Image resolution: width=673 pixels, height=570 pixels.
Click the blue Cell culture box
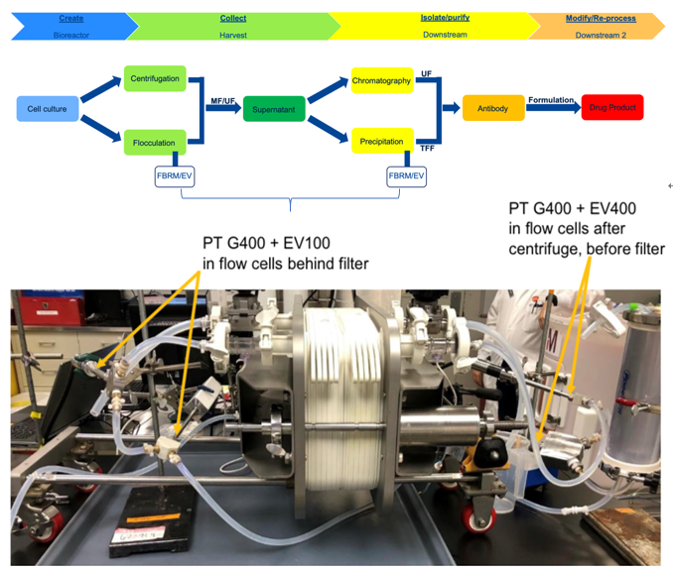point(47,108)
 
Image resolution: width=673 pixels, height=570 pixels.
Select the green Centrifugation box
point(155,78)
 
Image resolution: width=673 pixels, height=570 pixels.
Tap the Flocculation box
point(155,143)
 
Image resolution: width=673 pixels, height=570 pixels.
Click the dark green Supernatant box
point(274,108)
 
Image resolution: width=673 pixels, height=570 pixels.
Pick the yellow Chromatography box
point(381,80)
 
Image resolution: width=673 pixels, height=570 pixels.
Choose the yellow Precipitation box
point(381,141)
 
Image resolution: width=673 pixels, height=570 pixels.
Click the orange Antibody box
point(493,108)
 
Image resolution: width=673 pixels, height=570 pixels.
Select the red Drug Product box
point(612,108)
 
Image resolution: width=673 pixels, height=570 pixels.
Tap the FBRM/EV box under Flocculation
point(175,176)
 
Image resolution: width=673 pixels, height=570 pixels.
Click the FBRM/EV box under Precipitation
point(406,176)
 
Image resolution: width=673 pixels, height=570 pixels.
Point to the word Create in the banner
point(71,18)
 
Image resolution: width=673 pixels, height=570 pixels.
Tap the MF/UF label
point(222,101)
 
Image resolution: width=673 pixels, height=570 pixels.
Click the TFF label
point(428,148)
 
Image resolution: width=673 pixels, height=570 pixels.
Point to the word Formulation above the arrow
point(552,99)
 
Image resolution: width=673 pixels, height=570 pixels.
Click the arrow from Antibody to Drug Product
point(555,108)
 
